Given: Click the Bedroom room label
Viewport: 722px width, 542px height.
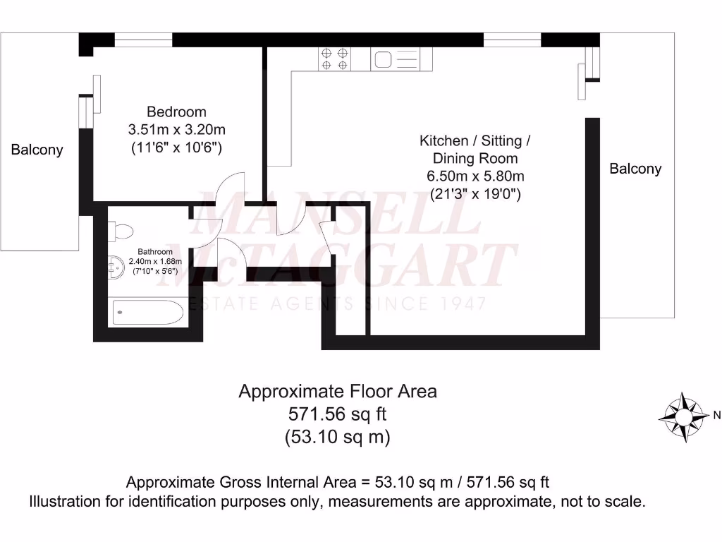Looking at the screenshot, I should click(176, 112).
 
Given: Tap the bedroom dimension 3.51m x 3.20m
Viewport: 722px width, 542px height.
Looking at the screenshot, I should click(176, 130).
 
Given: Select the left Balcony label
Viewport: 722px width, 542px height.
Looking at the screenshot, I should click(37, 150).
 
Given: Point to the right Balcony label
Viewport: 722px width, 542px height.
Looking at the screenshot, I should click(635, 169).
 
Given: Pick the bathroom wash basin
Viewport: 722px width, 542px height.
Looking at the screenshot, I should click(116, 267).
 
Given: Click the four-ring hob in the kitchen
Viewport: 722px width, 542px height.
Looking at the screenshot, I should click(335, 59).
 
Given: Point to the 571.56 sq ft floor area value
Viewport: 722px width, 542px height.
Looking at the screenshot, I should click(338, 414).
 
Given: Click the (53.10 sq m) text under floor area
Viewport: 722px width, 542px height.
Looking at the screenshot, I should click(338, 437).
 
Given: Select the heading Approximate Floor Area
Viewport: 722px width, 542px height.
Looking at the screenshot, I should click(338, 391).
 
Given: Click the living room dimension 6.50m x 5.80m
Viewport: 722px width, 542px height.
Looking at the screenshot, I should click(475, 176).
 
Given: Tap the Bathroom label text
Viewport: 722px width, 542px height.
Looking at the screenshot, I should click(154, 251).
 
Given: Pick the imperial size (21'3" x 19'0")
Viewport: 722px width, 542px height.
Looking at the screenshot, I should click(475, 195).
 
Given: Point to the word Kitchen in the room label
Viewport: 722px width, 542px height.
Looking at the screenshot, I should click(443, 140).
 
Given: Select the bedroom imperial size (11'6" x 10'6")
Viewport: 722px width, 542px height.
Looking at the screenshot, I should click(176, 148).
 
